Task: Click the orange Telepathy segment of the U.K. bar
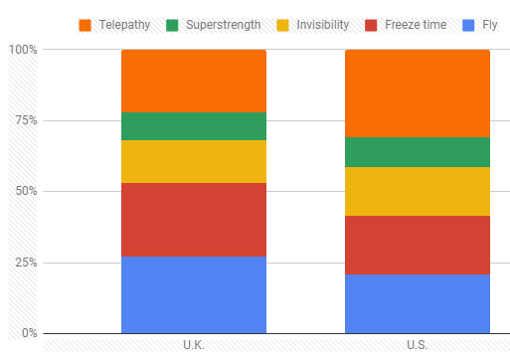194,81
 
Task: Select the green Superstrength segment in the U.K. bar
194,126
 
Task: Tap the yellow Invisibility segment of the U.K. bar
194,161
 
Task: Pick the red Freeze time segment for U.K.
194,220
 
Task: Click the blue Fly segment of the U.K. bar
194,294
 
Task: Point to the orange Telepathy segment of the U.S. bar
418,93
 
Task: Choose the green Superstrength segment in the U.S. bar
418,152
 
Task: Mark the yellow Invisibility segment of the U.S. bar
418,191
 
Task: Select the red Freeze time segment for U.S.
418,245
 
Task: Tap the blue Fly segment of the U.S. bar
418,303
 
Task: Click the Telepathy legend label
124,25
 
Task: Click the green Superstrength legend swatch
172,26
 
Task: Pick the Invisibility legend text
323,25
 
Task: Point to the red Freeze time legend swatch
371,26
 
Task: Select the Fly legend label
490,25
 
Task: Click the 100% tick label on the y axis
23,50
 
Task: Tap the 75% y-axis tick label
27,120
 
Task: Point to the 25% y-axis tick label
27,263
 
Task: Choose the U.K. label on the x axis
194,345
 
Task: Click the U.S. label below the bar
418,345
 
